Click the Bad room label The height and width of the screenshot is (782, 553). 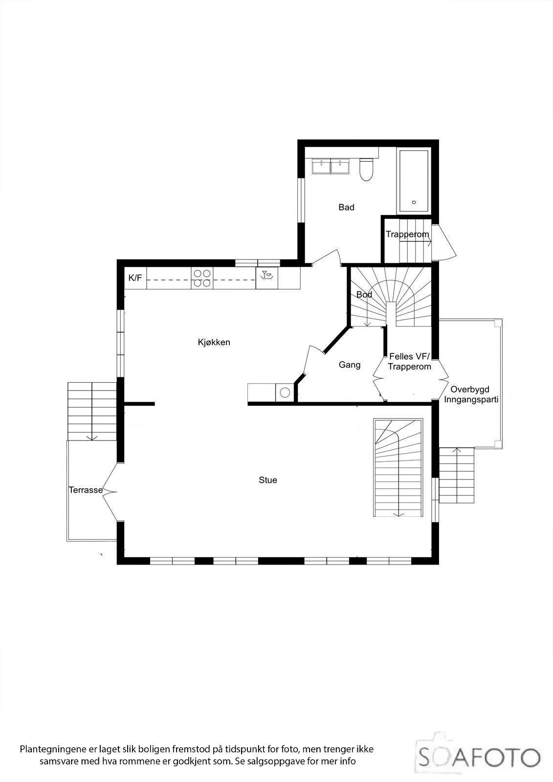point(346,207)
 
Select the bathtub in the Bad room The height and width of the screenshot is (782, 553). point(414,181)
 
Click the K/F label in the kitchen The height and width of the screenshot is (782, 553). point(135,278)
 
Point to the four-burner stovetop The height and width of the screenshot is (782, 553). point(201,278)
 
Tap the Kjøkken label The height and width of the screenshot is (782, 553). point(214,342)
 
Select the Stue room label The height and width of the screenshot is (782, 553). point(268,480)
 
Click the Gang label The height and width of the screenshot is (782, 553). point(350,365)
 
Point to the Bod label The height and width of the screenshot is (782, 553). point(364,295)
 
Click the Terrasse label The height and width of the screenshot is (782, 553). point(85,490)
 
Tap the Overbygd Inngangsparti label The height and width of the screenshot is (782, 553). point(471,394)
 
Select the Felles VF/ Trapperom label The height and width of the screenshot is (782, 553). point(410,361)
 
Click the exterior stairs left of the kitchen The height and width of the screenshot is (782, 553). point(92,411)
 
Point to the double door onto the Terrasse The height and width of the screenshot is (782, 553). point(111,491)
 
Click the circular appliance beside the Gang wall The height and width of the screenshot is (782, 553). point(285,392)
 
